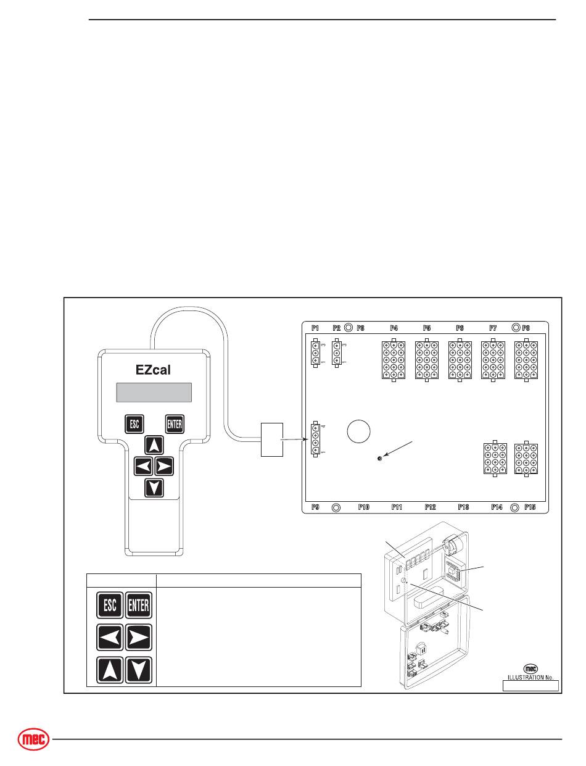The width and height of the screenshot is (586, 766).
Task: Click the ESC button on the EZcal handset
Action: click(x=134, y=424)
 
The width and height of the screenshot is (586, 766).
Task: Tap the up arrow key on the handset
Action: click(x=154, y=444)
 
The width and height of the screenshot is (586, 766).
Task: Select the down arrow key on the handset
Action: click(x=154, y=488)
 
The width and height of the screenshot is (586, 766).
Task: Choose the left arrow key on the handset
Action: click(x=143, y=465)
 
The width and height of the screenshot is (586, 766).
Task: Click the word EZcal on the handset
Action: click(x=153, y=370)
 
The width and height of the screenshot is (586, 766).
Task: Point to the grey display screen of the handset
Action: click(x=154, y=392)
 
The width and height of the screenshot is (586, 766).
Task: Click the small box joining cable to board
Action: click(x=271, y=439)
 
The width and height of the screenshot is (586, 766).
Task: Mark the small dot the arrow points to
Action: click(x=379, y=459)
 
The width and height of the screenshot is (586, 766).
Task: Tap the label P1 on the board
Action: click(x=315, y=328)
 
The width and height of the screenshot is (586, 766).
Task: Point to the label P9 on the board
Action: click(x=315, y=507)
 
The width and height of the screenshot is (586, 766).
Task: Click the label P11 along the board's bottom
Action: click(x=397, y=507)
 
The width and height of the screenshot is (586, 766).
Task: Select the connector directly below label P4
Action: click(x=394, y=359)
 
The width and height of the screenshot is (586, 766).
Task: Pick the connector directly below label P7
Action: click(x=493, y=359)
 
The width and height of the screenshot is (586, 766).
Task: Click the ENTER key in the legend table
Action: click(x=138, y=605)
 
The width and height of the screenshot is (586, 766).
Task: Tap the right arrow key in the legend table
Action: click(x=138, y=638)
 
